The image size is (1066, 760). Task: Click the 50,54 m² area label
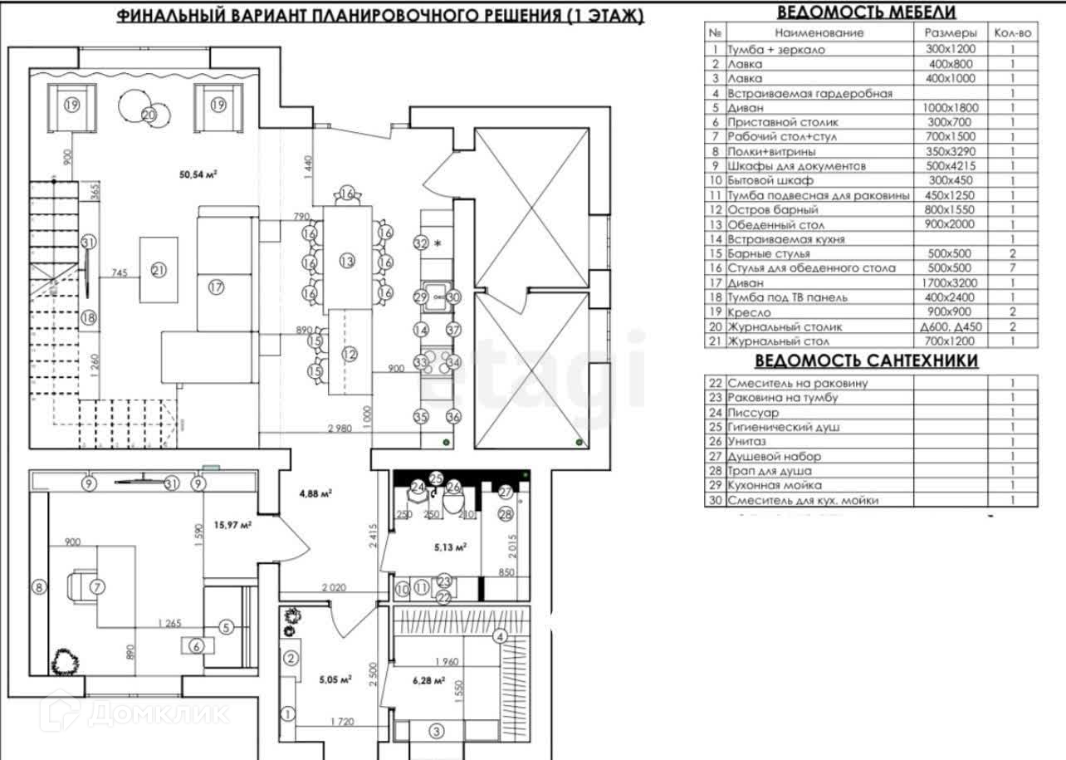pos(198,174)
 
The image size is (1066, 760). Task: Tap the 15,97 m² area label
pos(233,524)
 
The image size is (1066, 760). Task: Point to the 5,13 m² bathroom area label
pos(450,547)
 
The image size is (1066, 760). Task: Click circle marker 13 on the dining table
pos(347,261)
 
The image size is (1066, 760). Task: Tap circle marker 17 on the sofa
pos(217,287)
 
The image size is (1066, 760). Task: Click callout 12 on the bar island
pos(350,355)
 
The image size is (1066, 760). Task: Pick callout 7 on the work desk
pos(97,586)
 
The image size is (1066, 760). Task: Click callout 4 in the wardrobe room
pos(500,637)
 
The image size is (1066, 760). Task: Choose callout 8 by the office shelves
pos(37,587)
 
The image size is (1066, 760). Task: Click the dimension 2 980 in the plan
pos(340,429)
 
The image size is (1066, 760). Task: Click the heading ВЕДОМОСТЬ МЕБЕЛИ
pos(866,12)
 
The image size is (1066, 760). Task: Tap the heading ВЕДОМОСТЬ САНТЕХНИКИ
pos(866,360)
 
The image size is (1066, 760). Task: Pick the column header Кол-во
pos(1013,33)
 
